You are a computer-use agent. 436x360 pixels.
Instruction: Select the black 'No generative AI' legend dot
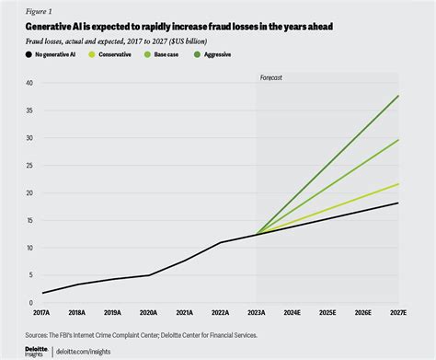(18, 55)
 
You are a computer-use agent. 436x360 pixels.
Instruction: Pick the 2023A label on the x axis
(257, 313)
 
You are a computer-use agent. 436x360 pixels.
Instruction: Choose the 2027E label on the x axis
(397, 313)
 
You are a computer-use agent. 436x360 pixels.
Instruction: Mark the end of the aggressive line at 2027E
(397, 96)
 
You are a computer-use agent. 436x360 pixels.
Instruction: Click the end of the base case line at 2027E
(397, 140)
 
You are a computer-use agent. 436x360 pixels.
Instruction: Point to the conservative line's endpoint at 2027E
(397, 184)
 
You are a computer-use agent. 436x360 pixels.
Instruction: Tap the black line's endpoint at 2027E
(397, 203)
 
